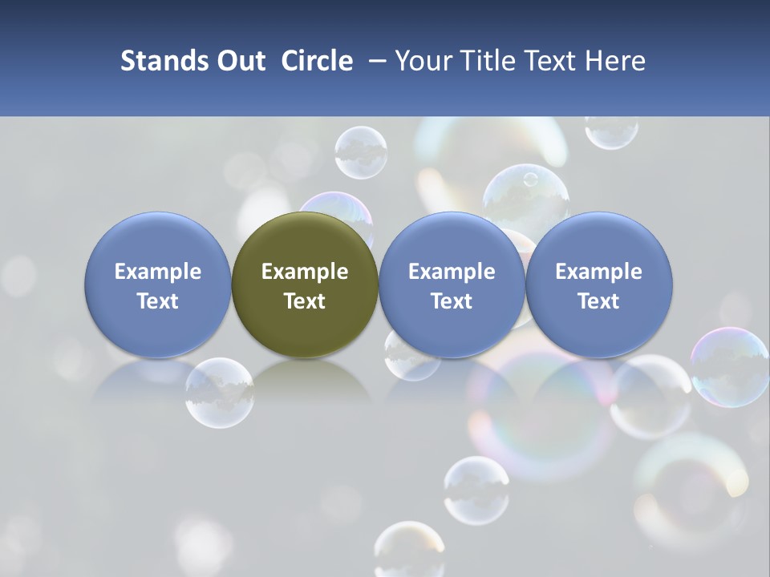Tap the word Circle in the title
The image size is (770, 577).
point(317,61)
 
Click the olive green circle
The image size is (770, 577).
point(305,284)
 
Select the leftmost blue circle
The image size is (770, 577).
point(158,284)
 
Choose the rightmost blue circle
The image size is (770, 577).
point(599,284)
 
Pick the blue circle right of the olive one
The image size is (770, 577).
point(452,284)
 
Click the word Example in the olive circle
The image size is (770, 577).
point(305,272)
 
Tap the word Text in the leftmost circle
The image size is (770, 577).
point(158,301)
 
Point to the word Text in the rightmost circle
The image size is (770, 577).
point(599,301)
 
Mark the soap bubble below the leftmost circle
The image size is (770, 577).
point(219,393)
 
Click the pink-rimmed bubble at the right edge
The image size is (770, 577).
point(730,367)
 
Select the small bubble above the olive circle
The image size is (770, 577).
point(361,152)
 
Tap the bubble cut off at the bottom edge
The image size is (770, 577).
point(409,551)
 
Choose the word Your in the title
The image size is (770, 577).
point(423,61)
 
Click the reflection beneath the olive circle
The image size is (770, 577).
point(305,381)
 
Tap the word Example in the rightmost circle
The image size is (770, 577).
point(599,272)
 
